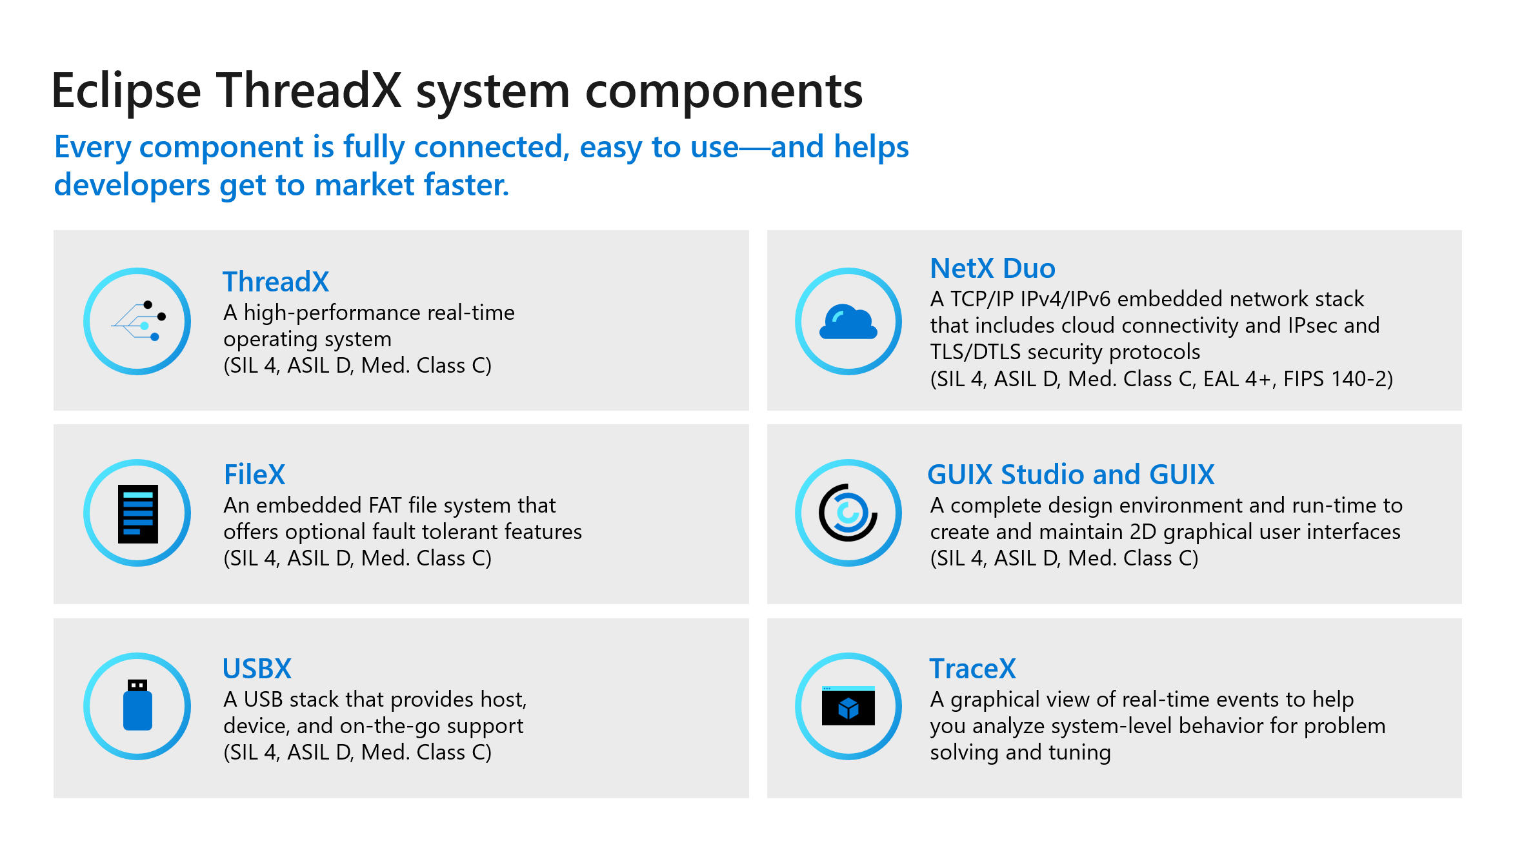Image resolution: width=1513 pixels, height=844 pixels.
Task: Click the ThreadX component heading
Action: tap(276, 282)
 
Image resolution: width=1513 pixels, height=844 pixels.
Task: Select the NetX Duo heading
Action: tap(992, 268)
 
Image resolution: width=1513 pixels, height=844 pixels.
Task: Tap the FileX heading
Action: tap(254, 475)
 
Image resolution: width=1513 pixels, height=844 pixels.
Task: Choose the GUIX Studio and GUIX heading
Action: tap(1070, 475)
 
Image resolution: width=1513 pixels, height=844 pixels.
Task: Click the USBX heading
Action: tap(257, 669)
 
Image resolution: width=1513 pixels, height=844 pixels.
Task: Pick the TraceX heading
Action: tap(972, 669)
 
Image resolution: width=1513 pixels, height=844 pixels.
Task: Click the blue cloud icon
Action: tap(848, 322)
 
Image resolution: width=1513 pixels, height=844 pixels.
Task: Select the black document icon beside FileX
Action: tap(137, 513)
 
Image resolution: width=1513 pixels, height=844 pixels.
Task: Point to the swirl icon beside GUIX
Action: tap(848, 513)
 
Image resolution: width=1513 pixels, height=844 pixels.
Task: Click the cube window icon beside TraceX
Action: tap(848, 706)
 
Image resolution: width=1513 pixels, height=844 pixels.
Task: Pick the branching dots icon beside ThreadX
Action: tap(139, 321)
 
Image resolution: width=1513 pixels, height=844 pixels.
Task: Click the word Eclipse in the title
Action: tap(126, 91)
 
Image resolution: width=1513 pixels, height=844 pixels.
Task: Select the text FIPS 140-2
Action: tap(1338, 378)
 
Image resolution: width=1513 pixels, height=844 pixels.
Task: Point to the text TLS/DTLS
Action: tap(975, 352)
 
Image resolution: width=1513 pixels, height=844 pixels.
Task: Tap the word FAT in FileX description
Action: tap(386, 505)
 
